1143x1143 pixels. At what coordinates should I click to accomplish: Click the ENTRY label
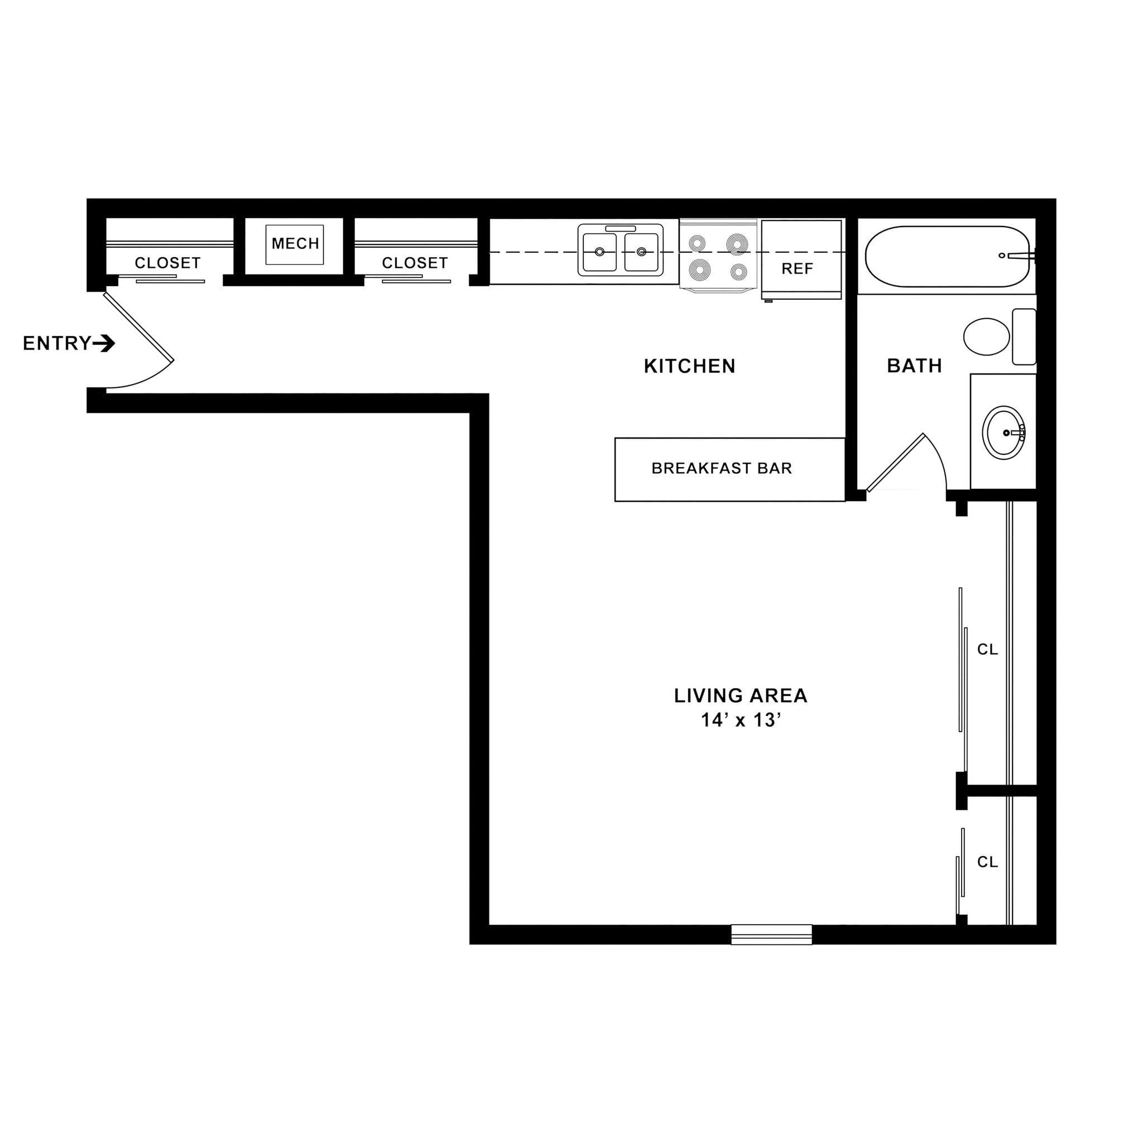point(57,343)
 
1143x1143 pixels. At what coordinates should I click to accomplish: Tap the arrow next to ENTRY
point(104,343)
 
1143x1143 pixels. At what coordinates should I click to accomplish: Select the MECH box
point(295,244)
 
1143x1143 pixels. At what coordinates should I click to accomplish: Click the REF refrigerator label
point(797,269)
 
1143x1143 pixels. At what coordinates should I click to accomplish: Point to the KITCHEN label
point(689,366)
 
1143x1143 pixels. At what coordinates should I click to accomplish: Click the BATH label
point(914,366)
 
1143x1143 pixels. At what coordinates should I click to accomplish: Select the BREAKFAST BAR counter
point(729,469)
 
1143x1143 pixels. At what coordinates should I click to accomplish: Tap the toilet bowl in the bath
point(986,337)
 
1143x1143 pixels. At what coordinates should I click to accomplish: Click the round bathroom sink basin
point(1003,433)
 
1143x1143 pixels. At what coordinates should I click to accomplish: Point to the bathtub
point(947,256)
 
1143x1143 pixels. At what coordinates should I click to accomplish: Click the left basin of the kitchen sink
point(599,252)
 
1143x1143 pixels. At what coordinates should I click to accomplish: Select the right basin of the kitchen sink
point(641,252)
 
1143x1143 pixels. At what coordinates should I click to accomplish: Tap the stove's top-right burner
point(737,243)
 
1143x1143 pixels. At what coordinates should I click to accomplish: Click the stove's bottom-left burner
point(699,270)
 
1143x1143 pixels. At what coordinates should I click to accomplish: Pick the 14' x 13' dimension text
point(741,720)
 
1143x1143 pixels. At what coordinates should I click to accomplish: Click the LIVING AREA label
point(741,695)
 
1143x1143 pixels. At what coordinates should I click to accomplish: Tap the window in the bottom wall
point(771,934)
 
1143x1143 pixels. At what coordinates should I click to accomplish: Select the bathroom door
point(895,463)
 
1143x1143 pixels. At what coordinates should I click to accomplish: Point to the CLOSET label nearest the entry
point(167,263)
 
